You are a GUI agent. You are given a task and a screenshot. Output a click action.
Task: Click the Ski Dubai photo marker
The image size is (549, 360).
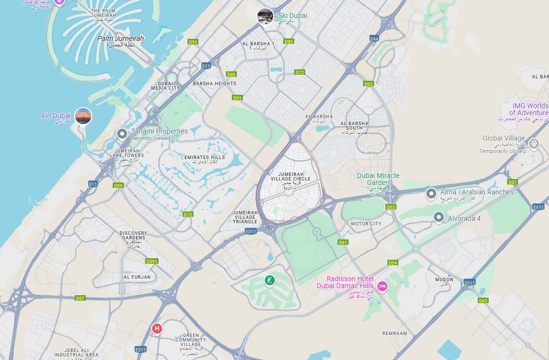265,16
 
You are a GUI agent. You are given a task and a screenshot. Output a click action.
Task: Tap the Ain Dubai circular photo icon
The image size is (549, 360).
83,116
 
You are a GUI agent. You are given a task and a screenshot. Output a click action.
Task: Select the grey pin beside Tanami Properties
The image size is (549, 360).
122,134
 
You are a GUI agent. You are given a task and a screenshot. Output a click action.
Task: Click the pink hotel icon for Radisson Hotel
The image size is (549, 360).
382,286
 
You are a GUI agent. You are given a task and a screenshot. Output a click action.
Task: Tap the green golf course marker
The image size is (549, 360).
269,281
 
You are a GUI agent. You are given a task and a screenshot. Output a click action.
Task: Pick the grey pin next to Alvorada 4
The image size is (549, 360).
439,217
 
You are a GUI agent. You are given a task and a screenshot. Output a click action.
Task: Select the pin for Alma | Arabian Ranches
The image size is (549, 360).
431,193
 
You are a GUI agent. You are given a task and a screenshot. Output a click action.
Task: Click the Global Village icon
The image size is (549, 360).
534,144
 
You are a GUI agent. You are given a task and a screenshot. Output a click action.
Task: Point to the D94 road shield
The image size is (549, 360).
193,42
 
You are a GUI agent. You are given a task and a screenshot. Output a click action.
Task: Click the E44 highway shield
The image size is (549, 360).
374,38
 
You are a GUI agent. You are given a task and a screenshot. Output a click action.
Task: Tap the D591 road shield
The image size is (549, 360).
152,261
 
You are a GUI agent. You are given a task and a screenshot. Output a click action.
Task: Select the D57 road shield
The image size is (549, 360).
80,298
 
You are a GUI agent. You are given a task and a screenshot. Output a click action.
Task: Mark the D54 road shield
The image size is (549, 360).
393,263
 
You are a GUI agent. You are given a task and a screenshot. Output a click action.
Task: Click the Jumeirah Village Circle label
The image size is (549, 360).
291,178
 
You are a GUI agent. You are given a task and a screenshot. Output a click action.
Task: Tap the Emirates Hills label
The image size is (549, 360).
204,158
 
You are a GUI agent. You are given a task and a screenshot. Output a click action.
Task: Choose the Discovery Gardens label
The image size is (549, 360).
133,235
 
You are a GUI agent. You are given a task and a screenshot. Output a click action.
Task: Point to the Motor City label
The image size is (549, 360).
366,224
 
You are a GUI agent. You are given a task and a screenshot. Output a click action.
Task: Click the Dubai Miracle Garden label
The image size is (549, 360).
378,179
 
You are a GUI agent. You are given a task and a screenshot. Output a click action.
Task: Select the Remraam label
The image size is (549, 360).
395,333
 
